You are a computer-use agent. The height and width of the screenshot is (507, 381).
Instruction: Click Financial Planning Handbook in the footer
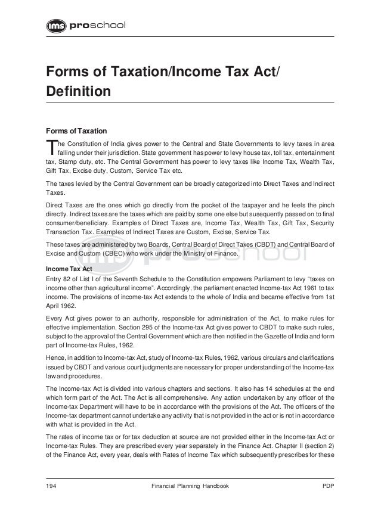tap(191, 487)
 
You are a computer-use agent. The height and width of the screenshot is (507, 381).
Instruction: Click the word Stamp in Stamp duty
tap(68, 162)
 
